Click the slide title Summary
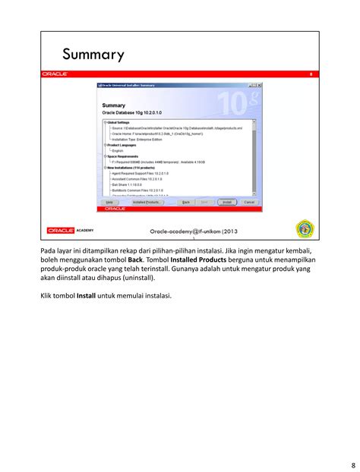coord(93,55)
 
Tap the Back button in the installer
coord(184,202)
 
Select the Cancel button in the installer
coord(249,202)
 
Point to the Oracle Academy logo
coord(70,230)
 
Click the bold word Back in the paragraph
coord(136,260)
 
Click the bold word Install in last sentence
coord(87,296)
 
